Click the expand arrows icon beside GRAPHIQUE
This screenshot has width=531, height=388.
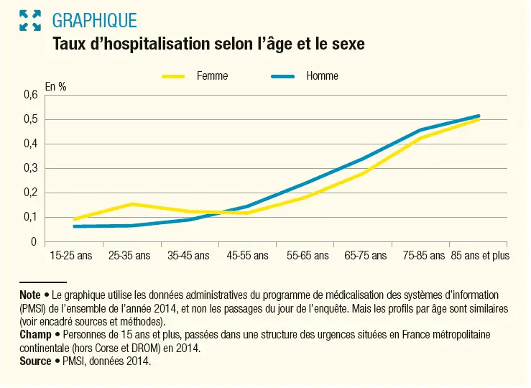30,20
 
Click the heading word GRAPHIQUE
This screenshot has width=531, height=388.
95,20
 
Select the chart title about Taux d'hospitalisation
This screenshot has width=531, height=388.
208,45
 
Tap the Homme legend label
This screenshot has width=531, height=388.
322,76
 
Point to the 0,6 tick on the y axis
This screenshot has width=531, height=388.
29,94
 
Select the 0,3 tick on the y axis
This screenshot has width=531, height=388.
29,168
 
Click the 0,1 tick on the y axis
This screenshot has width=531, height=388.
29,217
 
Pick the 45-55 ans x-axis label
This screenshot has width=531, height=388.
247,255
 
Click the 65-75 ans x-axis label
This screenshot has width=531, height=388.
365,255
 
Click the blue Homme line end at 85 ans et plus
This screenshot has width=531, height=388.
479,116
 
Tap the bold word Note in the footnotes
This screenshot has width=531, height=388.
30,295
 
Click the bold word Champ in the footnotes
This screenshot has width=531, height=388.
34,336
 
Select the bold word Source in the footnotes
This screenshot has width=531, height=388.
36,361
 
